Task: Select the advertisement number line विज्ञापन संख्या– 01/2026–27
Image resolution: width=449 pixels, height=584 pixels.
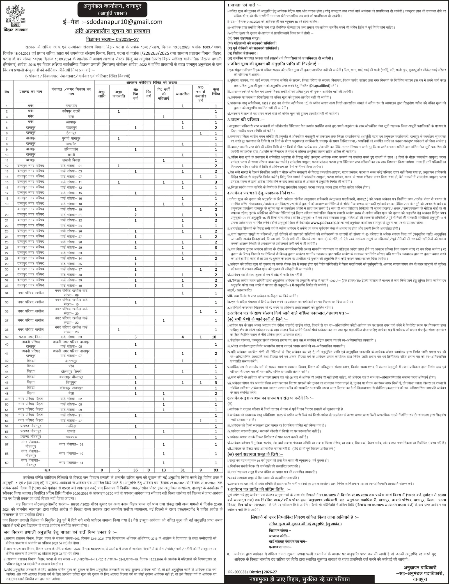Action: [x=112, y=40]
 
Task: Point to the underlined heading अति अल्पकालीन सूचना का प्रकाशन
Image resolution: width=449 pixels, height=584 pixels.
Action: [x=112, y=31]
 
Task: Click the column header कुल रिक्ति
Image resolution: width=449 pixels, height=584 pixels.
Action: [x=216, y=92]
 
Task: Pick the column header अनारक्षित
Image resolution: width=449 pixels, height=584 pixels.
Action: [x=182, y=94]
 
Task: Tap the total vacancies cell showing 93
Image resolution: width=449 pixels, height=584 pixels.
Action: [x=216, y=470]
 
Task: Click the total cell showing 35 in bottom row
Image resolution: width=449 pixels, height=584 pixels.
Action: [x=136, y=470]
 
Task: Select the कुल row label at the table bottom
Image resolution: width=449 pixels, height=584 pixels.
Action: [x=47, y=470]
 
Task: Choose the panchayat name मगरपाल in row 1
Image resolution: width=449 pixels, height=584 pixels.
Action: [x=71, y=106]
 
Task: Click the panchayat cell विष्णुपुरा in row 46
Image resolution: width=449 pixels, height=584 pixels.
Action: [x=71, y=382]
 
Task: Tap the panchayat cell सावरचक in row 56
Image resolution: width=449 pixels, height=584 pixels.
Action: [x=71, y=437]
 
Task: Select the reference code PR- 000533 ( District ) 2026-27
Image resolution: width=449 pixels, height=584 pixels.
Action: [x=252, y=572]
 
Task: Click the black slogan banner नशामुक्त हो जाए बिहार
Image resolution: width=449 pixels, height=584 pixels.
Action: [x=300, y=579]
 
